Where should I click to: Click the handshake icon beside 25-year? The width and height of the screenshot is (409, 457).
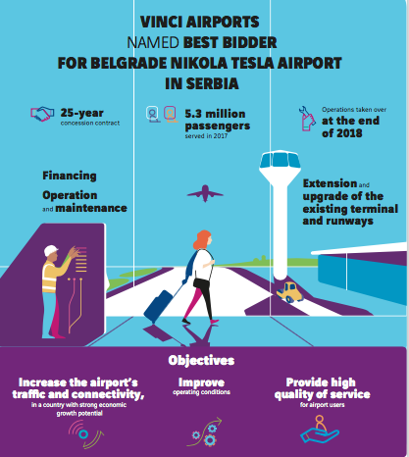[42, 114]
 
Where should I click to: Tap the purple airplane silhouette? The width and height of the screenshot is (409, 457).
[205, 193]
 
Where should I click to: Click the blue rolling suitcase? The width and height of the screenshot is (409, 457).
[159, 307]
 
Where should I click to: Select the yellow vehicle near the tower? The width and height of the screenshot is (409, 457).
[289, 292]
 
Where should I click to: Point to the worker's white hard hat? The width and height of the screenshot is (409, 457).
[51, 251]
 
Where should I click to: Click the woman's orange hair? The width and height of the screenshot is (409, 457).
[202, 239]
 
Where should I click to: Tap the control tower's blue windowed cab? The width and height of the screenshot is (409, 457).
[281, 160]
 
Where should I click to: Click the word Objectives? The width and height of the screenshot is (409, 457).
[201, 360]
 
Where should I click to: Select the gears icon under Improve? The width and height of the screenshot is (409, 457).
[205, 432]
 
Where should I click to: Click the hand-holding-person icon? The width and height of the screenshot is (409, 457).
[320, 429]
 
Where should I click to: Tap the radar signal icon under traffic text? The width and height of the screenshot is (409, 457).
[85, 434]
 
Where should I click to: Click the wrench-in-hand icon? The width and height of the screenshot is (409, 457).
[307, 119]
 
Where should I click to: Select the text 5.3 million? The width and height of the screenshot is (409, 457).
[215, 114]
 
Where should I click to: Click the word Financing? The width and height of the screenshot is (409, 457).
[70, 176]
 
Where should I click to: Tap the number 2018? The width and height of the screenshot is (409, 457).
[350, 133]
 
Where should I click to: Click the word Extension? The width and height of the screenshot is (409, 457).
[330, 183]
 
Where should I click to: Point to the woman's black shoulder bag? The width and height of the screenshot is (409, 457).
[200, 282]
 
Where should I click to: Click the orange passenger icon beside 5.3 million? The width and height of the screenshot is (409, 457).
[170, 114]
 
